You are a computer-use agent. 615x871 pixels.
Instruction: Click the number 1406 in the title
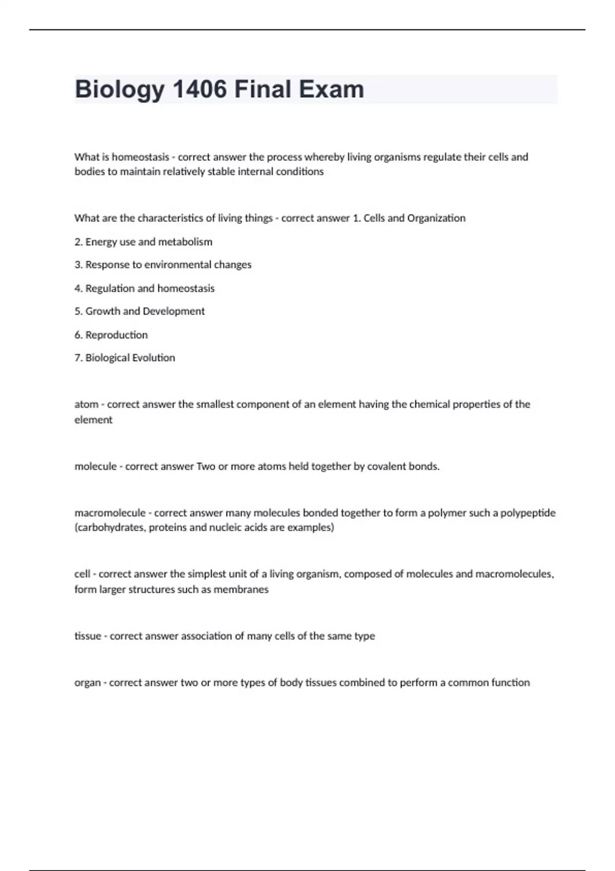199,89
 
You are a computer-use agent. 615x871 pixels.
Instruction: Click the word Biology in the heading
119,89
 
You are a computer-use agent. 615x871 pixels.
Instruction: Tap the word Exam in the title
332,89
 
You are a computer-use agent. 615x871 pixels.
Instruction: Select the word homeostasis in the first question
140,157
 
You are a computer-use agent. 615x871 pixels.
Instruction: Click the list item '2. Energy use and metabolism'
143,242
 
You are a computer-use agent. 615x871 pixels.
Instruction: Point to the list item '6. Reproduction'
111,335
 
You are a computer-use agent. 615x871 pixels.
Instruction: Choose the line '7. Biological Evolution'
125,358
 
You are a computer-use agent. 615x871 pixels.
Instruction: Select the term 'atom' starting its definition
86,404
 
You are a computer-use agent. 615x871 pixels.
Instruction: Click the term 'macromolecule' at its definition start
110,513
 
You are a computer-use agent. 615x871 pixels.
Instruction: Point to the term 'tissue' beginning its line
88,636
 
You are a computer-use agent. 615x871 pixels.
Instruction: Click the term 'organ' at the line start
87,683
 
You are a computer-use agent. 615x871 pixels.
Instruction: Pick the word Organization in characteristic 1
436,218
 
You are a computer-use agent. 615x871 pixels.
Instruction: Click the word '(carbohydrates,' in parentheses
110,528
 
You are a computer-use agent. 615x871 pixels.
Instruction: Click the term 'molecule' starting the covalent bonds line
95,467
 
